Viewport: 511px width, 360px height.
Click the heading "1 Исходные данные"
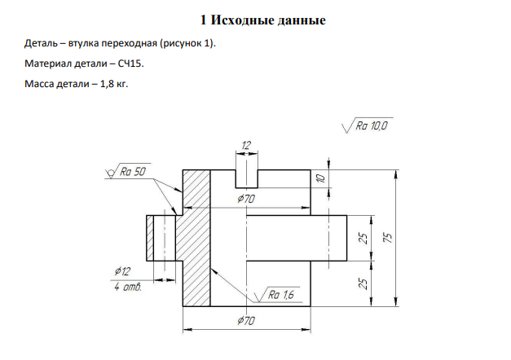pyautogui.click(x=263, y=20)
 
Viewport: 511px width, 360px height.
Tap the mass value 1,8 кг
pyautogui.click(x=114, y=84)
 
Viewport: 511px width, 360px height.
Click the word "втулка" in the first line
pyautogui.click(x=83, y=43)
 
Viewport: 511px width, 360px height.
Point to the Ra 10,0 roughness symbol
pyautogui.click(x=368, y=125)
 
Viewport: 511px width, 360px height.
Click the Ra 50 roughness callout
pyautogui.click(x=128, y=171)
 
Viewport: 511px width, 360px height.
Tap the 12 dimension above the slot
pyautogui.click(x=246, y=145)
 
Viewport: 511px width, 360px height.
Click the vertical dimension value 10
pyautogui.click(x=321, y=178)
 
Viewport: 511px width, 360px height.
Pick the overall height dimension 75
pyautogui.click(x=389, y=238)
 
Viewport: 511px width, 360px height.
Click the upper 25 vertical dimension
pyautogui.click(x=363, y=239)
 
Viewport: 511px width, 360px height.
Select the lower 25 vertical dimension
pyautogui.click(x=363, y=283)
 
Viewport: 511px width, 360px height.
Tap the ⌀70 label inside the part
pyautogui.click(x=246, y=198)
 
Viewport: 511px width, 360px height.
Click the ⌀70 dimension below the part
pyautogui.click(x=246, y=321)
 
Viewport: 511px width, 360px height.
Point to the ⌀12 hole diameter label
pyautogui.click(x=122, y=270)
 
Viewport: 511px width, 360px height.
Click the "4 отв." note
pyautogui.click(x=128, y=287)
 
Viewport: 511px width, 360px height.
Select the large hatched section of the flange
pyautogui.click(x=196, y=238)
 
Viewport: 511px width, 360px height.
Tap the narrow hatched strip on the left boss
pyautogui.click(x=150, y=238)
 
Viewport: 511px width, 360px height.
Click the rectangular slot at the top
pyautogui.click(x=247, y=179)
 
